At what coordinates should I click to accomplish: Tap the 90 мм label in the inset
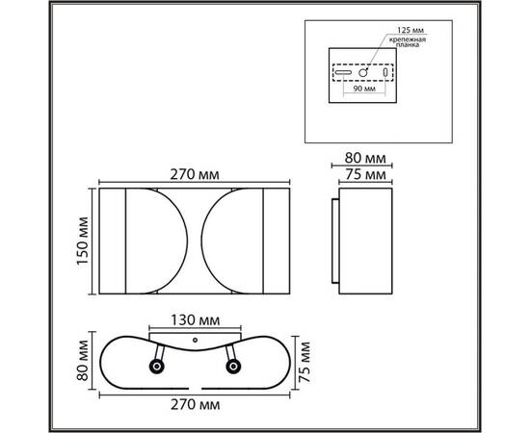point(362,89)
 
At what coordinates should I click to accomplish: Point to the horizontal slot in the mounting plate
point(342,73)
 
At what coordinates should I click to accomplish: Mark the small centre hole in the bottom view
point(195,340)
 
